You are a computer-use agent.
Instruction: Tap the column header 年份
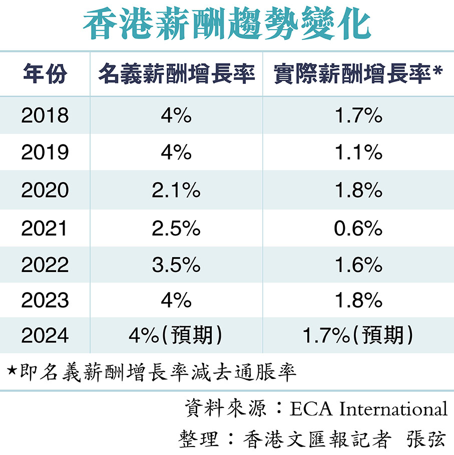pyautogui.click(x=45, y=74)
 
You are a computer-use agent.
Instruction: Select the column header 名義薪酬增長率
pyautogui.click(x=176, y=74)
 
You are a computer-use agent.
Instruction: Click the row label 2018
pyautogui.click(x=45, y=116)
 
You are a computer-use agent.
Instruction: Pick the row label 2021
pyautogui.click(x=45, y=228)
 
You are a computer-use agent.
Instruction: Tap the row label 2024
pyautogui.click(x=45, y=335)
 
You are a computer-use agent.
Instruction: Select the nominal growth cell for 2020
pyautogui.click(x=176, y=190)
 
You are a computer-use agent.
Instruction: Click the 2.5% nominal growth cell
pyautogui.click(x=176, y=228)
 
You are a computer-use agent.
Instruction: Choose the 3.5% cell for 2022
pyautogui.click(x=176, y=264)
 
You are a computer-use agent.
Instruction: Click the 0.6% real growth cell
pyautogui.click(x=358, y=228)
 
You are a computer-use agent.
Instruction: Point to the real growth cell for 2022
pyautogui.click(x=358, y=264)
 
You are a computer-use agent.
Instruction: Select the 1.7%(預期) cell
pyautogui.click(x=358, y=335)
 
